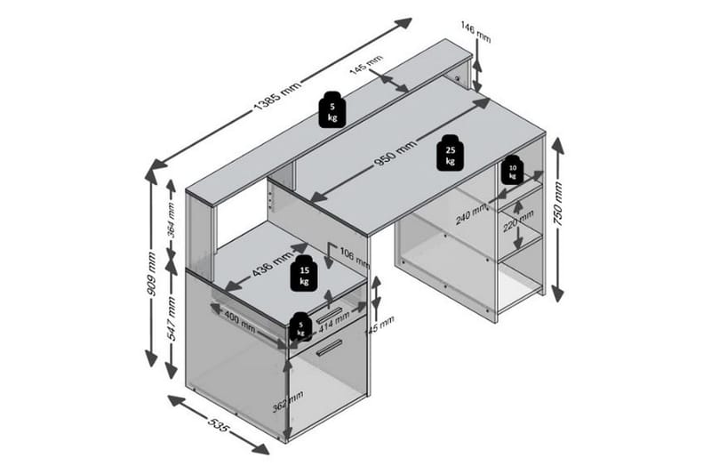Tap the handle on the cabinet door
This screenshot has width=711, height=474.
tap(330, 349)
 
